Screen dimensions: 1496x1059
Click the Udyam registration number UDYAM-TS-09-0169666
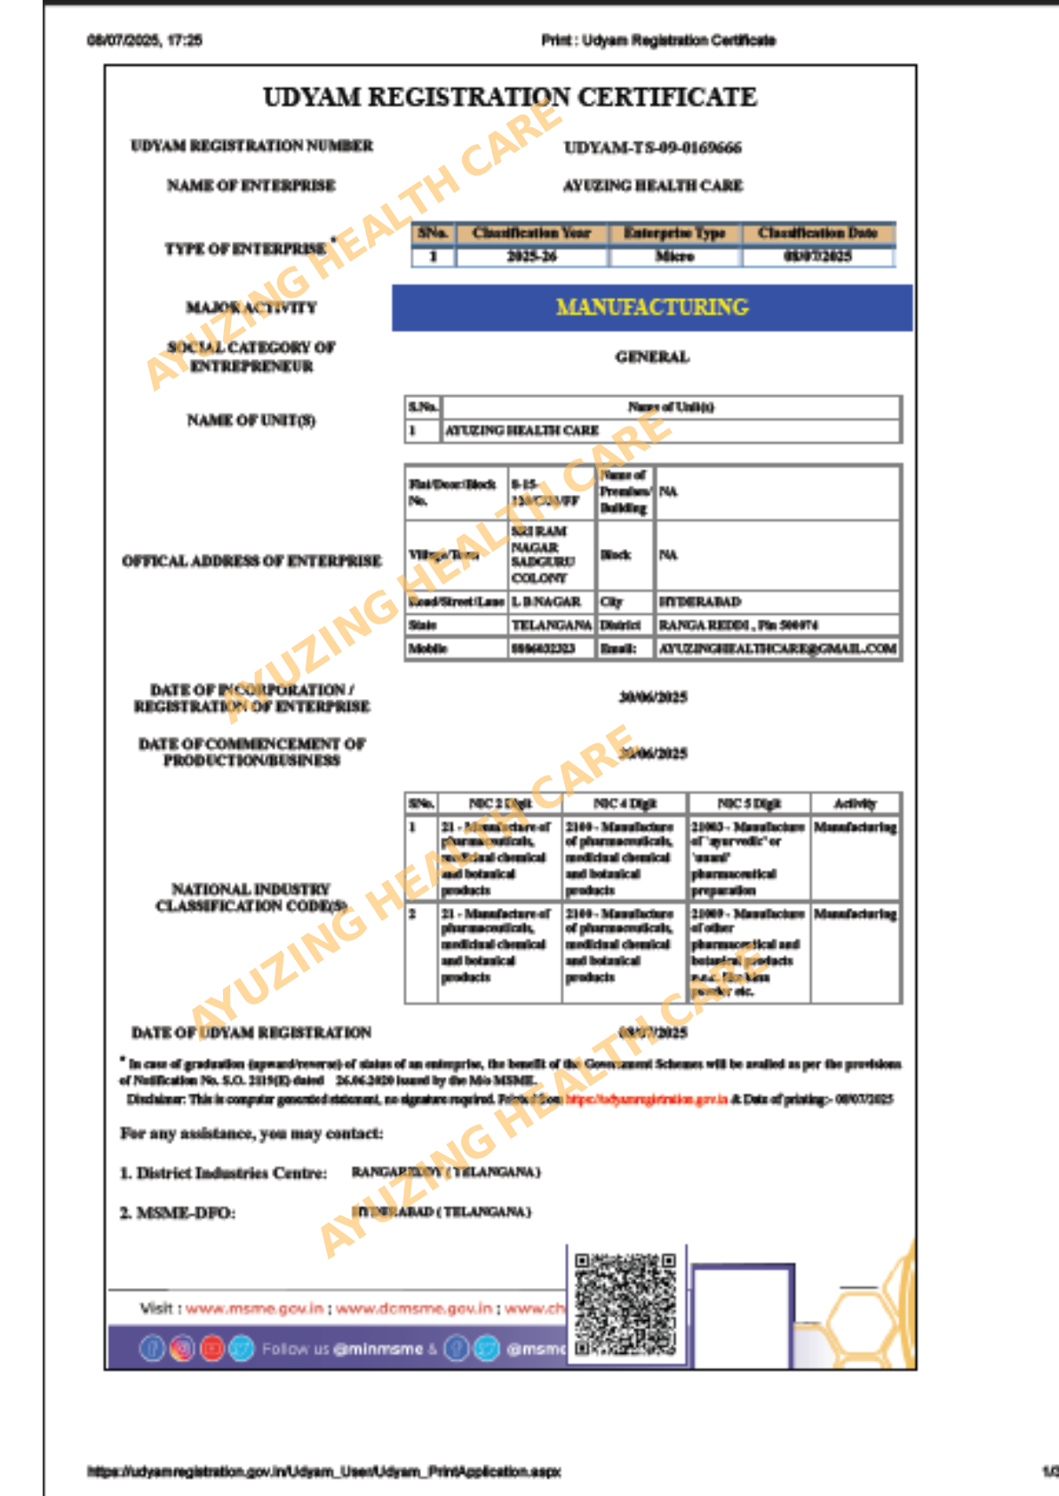pos(652,147)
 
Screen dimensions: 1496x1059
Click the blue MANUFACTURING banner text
pos(652,307)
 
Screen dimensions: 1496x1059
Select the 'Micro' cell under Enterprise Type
pos(674,257)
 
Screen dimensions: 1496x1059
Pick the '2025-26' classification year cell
pos(531,257)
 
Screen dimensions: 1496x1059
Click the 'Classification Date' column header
pos(817,233)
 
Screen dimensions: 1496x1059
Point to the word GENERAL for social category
pos(652,357)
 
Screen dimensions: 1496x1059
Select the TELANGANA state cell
pos(551,625)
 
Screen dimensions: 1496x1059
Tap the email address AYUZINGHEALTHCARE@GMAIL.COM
pos(777,649)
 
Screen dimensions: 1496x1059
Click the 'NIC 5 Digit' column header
pos(749,804)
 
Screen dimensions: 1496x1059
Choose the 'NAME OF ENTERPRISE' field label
pos(251,186)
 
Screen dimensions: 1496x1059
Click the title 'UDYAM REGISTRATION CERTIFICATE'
pos(510,97)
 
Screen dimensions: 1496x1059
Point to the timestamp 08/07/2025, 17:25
pos(145,40)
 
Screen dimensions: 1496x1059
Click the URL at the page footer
pos(323,1471)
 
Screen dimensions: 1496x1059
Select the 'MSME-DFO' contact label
pos(178,1213)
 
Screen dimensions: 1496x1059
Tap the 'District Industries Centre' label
pos(223,1173)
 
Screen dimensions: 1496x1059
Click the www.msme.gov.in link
pos(254,1309)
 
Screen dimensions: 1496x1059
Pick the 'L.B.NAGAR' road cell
pos(545,601)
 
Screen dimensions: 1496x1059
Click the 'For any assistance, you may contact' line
pos(251,1134)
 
